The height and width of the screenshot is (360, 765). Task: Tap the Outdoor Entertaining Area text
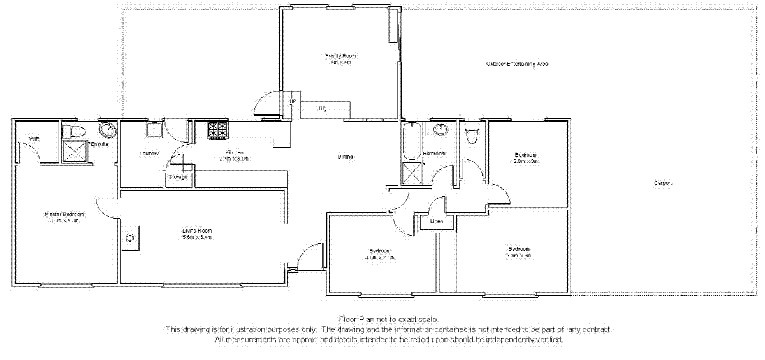click(x=517, y=64)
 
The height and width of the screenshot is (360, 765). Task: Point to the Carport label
click(x=663, y=183)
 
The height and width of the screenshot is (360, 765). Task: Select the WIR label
click(x=33, y=139)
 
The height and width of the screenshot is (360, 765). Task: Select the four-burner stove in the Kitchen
click(x=218, y=130)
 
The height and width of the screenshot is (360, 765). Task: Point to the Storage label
click(x=178, y=176)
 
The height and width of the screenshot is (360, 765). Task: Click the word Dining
click(x=345, y=157)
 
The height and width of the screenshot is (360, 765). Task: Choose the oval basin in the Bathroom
click(x=440, y=130)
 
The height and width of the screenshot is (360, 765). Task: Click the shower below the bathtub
click(x=412, y=173)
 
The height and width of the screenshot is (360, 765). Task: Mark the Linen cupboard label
click(x=436, y=221)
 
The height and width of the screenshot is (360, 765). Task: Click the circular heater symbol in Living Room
click(x=130, y=238)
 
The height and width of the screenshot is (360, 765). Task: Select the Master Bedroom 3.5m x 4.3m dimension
click(x=64, y=220)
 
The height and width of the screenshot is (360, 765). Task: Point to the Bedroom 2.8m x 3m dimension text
click(x=526, y=161)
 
